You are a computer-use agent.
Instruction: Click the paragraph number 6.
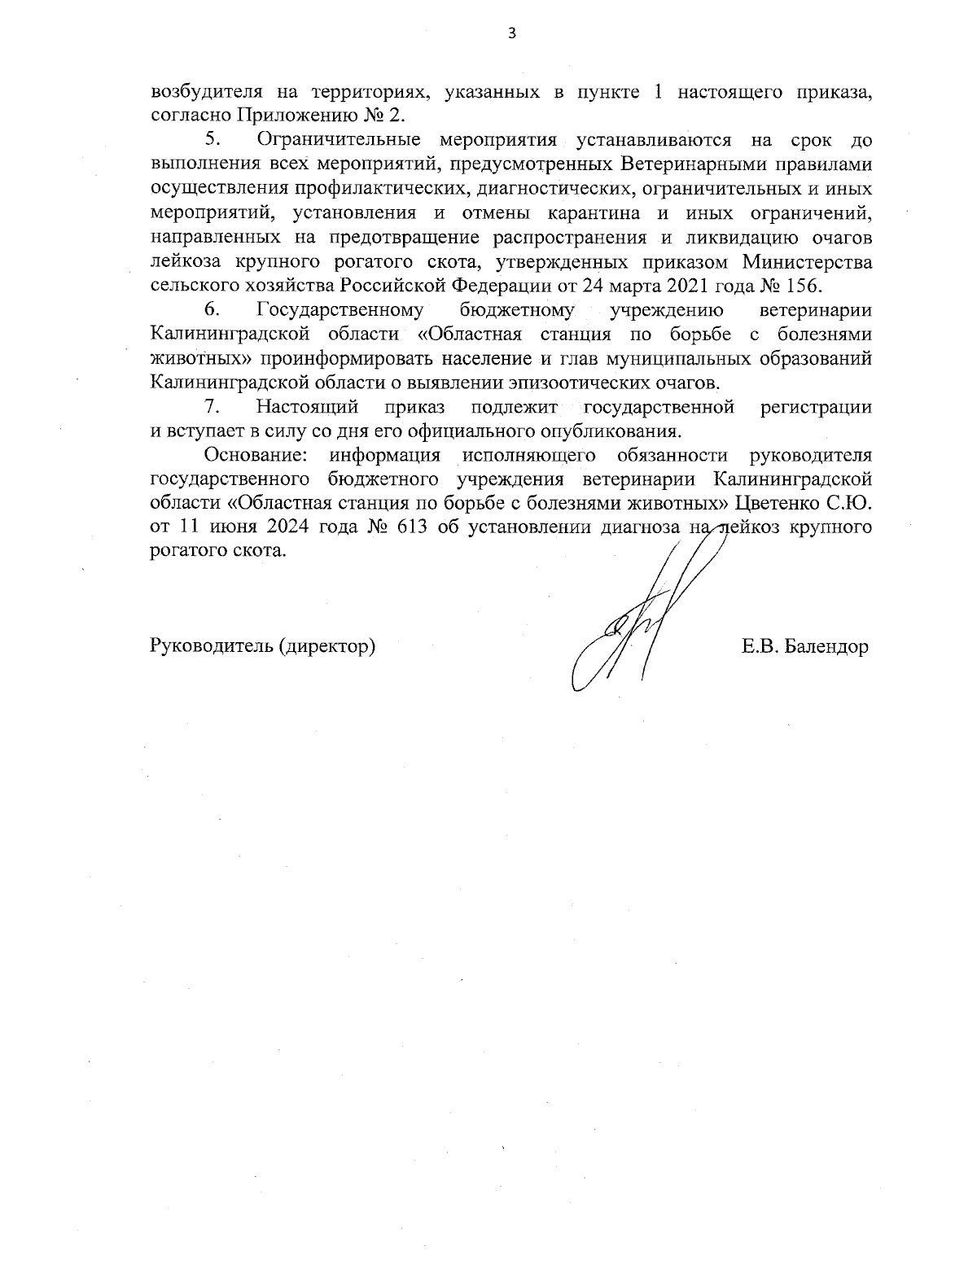point(212,310)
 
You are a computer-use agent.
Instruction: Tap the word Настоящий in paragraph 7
point(308,406)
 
